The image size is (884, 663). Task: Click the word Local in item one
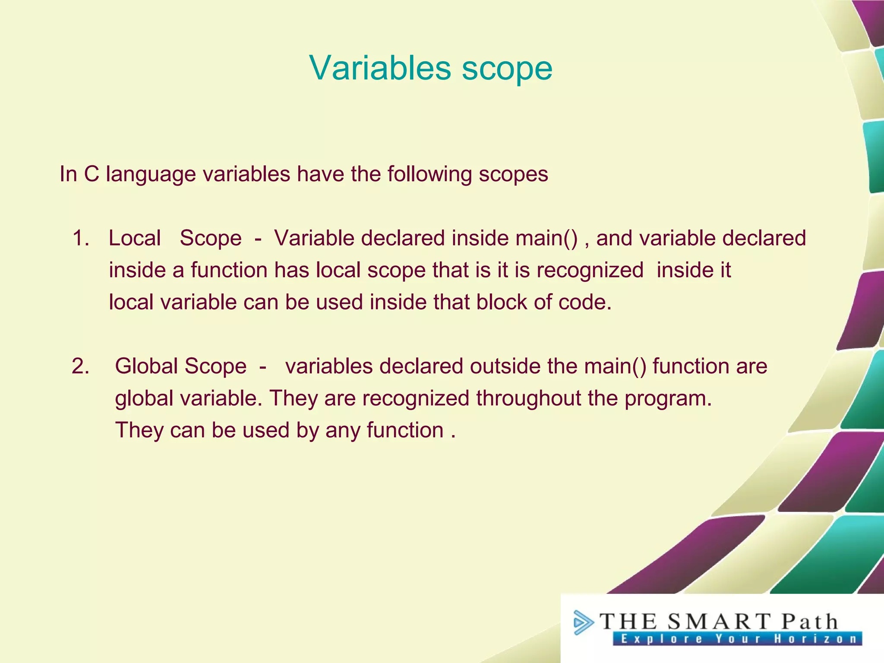point(134,238)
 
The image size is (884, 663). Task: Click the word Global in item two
point(146,366)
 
